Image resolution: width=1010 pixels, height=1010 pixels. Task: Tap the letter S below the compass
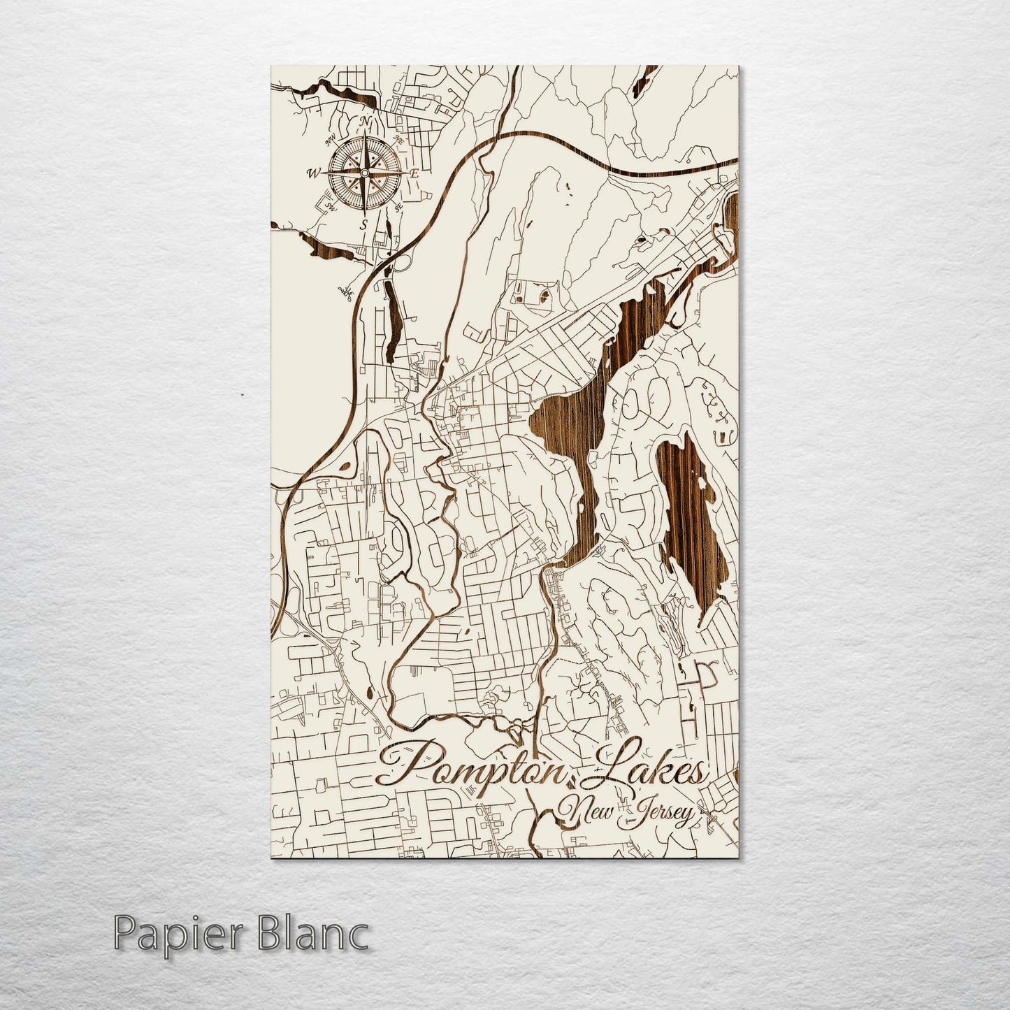point(363,224)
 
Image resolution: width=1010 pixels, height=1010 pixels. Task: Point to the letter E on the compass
point(414,173)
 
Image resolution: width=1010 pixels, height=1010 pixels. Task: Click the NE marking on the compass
point(399,140)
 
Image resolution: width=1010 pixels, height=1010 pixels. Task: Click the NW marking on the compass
point(330,139)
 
